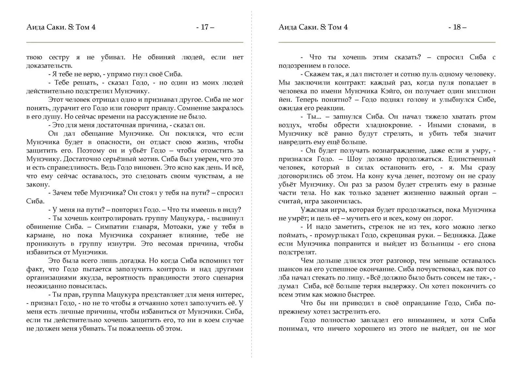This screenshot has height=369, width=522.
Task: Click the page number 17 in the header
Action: [x=205, y=27]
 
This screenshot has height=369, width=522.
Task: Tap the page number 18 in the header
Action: [x=457, y=27]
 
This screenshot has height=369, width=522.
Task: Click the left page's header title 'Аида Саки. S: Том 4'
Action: [x=61, y=27]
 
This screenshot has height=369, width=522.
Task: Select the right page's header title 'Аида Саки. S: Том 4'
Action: [x=313, y=27]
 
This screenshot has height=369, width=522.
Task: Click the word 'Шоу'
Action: [x=355, y=159]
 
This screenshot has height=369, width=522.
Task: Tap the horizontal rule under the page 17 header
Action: [x=135, y=42]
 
